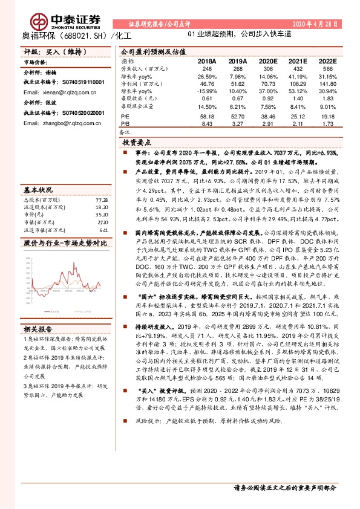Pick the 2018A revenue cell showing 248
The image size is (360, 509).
(x=206, y=68)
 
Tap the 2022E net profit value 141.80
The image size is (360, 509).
(x=327, y=85)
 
